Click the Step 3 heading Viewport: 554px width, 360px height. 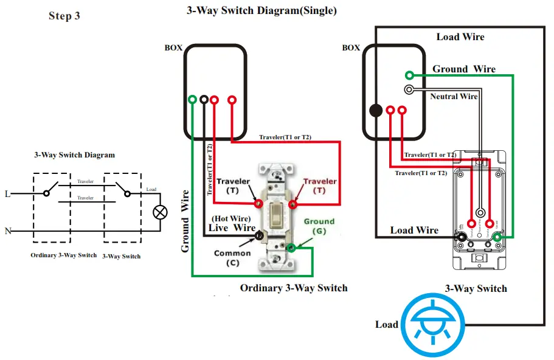point(64,16)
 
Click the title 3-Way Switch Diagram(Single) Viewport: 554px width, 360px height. point(261,11)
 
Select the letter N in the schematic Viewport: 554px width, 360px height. point(8,231)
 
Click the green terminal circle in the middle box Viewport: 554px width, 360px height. point(193,99)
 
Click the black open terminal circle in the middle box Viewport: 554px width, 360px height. point(204,99)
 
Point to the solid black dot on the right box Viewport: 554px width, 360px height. point(376,111)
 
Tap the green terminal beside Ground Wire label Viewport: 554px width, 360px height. point(410,75)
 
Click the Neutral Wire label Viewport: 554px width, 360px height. point(454,97)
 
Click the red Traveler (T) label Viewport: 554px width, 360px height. point(320,185)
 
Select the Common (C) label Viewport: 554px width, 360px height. point(232,258)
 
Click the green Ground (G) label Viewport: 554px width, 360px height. point(319,226)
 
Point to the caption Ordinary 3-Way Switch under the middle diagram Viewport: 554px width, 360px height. point(294,288)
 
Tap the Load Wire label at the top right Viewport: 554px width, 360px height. point(460,37)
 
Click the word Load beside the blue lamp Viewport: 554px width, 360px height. point(386,324)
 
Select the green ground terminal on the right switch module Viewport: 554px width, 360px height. point(497,237)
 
